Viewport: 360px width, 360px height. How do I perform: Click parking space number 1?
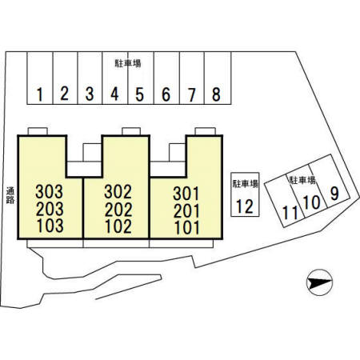(x=40, y=78)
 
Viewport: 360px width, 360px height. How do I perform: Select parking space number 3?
(x=90, y=78)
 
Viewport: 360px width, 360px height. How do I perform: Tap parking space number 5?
(x=141, y=78)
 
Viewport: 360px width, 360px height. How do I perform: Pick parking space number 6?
(x=166, y=78)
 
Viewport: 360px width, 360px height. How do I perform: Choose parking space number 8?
(x=218, y=78)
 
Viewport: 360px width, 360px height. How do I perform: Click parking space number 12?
(x=245, y=194)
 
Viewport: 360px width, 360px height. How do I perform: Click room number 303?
(x=50, y=192)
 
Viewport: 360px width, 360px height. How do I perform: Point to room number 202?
(x=118, y=210)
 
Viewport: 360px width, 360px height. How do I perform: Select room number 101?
(x=186, y=228)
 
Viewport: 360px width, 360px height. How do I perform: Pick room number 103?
(x=50, y=226)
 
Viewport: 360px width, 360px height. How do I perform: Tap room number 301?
(x=186, y=194)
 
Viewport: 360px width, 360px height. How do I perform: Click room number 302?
(x=118, y=192)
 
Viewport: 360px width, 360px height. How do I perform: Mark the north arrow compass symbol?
(x=319, y=282)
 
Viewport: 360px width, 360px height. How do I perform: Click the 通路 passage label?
(x=10, y=195)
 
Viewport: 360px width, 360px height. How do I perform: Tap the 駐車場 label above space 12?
(x=245, y=184)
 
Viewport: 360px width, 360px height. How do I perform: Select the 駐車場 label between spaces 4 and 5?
(x=128, y=63)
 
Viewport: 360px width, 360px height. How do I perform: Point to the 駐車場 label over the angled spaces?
(x=302, y=180)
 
